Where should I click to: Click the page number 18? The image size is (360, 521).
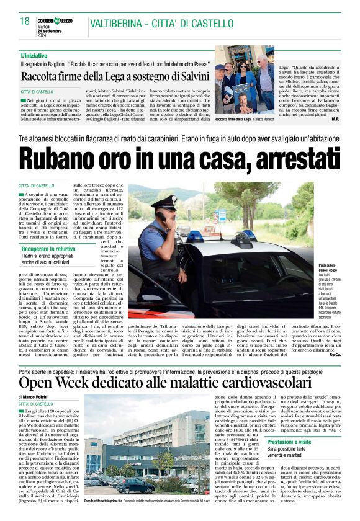(x=25, y=20)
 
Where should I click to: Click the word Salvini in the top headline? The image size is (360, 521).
(x=191, y=76)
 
